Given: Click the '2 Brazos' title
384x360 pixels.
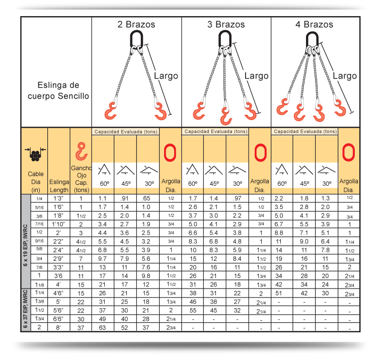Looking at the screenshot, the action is click(x=136, y=25).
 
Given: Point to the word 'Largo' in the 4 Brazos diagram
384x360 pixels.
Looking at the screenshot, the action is click(x=345, y=76).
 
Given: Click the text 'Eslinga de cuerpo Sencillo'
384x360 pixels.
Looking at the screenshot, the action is click(x=58, y=91).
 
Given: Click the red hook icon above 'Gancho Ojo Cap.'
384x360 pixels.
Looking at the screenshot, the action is click(x=82, y=151).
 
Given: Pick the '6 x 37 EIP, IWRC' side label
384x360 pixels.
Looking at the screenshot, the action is click(x=26, y=309).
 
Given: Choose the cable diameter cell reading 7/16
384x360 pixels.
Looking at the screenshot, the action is click(x=39, y=224).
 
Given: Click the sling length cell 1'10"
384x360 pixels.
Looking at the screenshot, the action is click(x=58, y=224).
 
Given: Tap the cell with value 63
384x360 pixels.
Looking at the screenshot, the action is click(x=102, y=328).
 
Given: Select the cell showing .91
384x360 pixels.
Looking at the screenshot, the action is click(x=124, y=198).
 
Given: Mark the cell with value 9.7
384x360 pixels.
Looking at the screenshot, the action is click(x=102, y=259).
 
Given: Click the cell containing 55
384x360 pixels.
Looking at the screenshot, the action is click(x=193, y=311).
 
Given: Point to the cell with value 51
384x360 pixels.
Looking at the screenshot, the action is click(x=279, y=294).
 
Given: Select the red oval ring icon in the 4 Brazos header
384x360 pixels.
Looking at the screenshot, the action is click(x=348, y=153).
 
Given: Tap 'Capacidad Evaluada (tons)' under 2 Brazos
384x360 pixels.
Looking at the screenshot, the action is click(x=126, y=132).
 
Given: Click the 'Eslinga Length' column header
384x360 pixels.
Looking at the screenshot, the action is click(x=59, y=186).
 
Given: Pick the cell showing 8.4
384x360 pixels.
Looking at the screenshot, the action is click(x=237, y=259).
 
